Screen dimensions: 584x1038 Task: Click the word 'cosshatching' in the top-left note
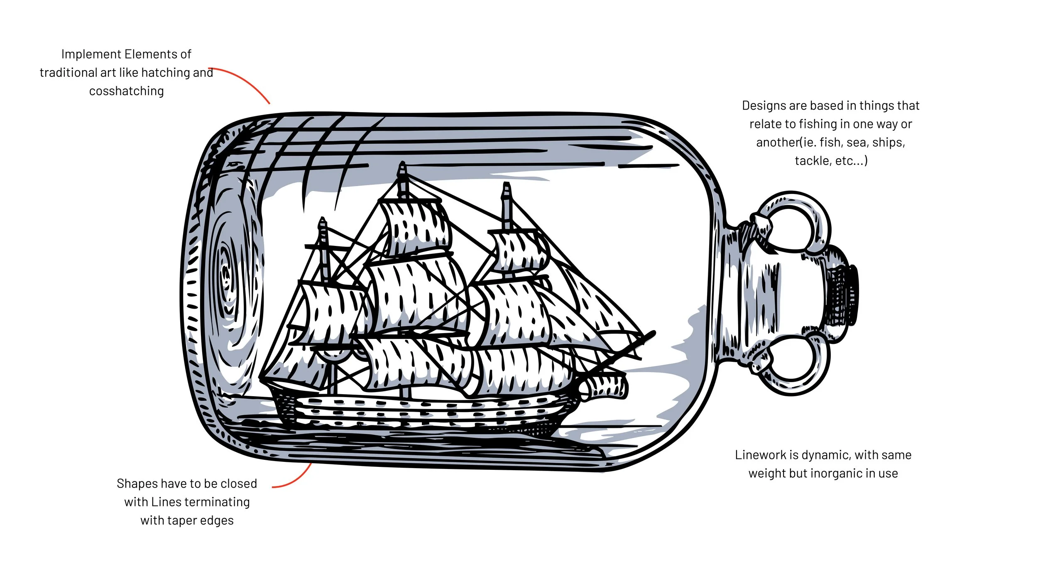126,91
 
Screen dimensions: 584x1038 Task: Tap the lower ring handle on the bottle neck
791,366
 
